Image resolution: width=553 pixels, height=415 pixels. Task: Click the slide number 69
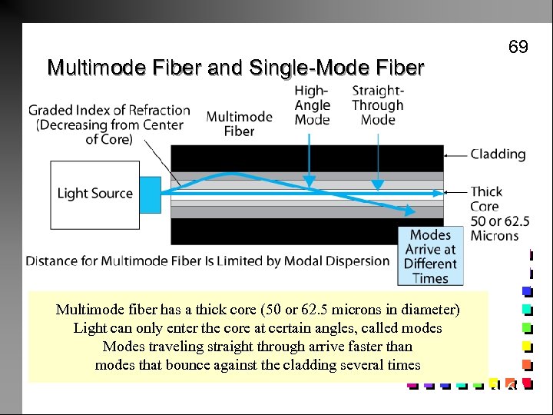pos(518,48)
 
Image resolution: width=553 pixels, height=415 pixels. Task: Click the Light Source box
pos(94,193)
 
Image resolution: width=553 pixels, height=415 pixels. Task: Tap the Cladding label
pos(498,154)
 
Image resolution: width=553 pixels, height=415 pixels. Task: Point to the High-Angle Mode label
pos(312,105)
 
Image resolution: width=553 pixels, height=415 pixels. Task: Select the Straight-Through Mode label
pos(377,105)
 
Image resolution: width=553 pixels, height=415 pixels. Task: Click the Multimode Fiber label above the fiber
pos(239,124)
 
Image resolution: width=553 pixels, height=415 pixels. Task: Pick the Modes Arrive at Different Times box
pos(429,256)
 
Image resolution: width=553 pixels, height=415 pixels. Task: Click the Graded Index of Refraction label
pos(109,124)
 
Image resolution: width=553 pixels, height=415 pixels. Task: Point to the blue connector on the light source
pos(150,193)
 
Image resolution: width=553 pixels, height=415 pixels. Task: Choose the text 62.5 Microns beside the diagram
pos(495,228)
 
